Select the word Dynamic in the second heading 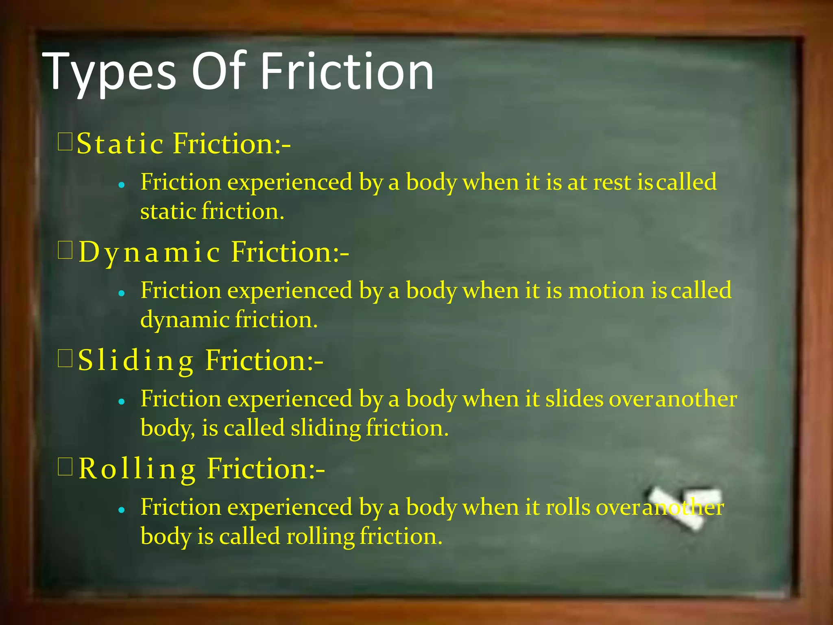point(149,252)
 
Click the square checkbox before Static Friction point(65,142)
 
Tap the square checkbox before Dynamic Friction point(65,250)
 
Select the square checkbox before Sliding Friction point(65,358)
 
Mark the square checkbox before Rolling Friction point(65,467)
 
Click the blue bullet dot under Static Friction point(121,185)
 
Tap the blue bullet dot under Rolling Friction point(121,509)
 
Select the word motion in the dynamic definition point(606,291)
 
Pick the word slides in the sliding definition point(574,399)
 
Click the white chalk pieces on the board point(683,507)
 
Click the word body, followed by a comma point(167,428)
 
